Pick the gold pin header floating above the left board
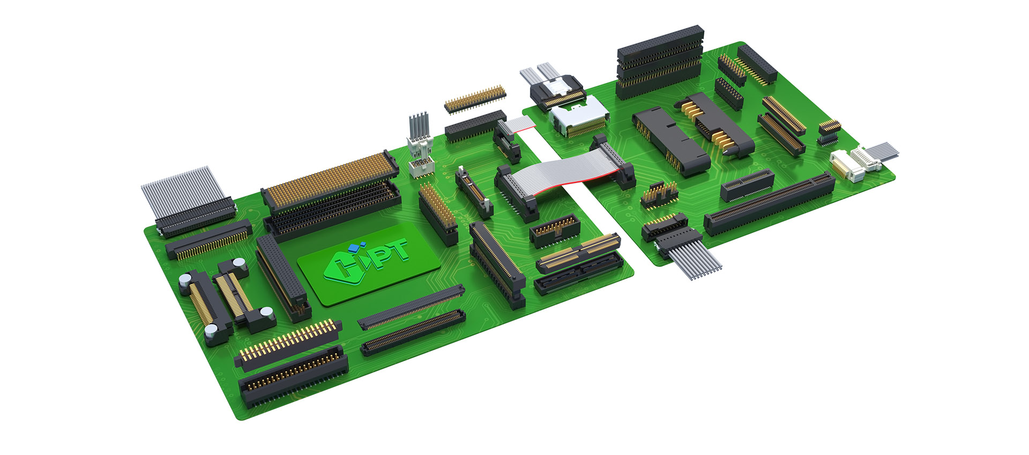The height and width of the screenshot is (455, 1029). pos(475,98)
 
